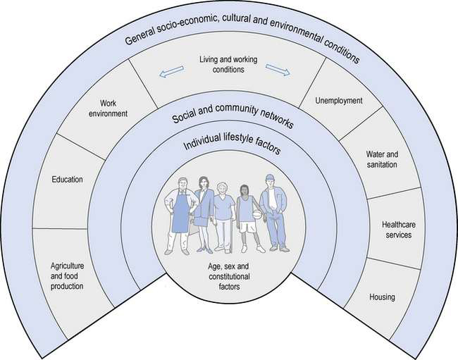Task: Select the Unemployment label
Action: click(339, 101)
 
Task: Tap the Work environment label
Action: click(108, 106)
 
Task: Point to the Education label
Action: click(67, 180)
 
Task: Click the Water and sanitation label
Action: click(381, 159)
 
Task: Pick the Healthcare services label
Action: click(397, 229)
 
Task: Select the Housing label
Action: click(382, 297)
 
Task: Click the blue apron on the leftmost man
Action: click(180, 216)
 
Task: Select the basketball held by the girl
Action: click(256, 214)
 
